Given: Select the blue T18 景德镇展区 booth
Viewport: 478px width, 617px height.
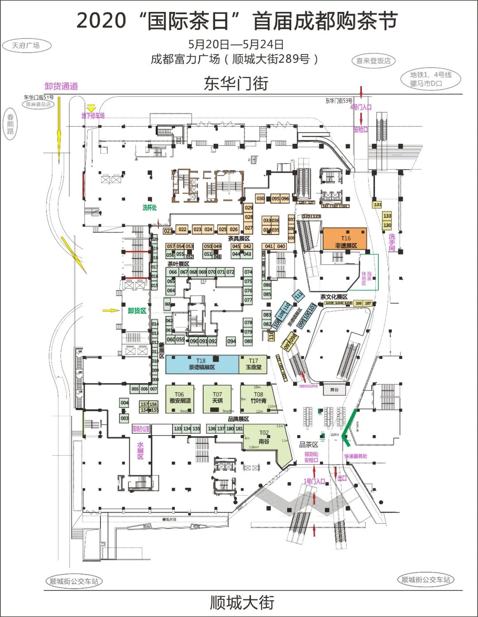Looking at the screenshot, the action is pyautogui.click(x=202, y=364).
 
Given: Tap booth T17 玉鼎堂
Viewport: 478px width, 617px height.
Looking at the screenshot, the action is pyautogui.click(x=254, y=364).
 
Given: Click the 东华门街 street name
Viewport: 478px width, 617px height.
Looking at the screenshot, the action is pyautogui.click(x=236, y=83).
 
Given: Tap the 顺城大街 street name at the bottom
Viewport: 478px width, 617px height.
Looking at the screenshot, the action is pyautogui.click(x=242, y=602).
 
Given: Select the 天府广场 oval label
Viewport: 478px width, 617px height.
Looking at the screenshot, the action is pyautogui.click(x=26, y=46).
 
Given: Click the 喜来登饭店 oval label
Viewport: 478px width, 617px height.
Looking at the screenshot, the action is pyautogui.click(x=374, y=61).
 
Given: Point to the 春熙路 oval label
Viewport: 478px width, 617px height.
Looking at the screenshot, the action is pyautogui.click(x=10, y=124).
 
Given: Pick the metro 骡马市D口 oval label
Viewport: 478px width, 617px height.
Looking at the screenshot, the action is pyautogui.click(x=430, y=79).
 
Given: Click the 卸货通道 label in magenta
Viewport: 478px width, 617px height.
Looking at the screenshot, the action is pyautogui.click(x=61, y=86).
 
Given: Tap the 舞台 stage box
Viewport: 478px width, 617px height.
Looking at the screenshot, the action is pyautogui.click(x=334, y=390).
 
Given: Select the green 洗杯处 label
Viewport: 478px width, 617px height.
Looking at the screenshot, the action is pyautogui.click(x=150, y=208).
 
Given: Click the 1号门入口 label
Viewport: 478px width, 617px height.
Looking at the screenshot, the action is pyautogui.click(x=314, y=481).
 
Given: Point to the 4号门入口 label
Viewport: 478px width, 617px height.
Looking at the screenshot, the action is pyautogui.click(x=361, y=107).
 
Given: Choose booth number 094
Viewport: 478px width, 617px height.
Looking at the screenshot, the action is pyautogui.click(x=231, y=341).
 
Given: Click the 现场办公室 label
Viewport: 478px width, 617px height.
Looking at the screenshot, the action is pyautogui.click(x=141, y=429).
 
